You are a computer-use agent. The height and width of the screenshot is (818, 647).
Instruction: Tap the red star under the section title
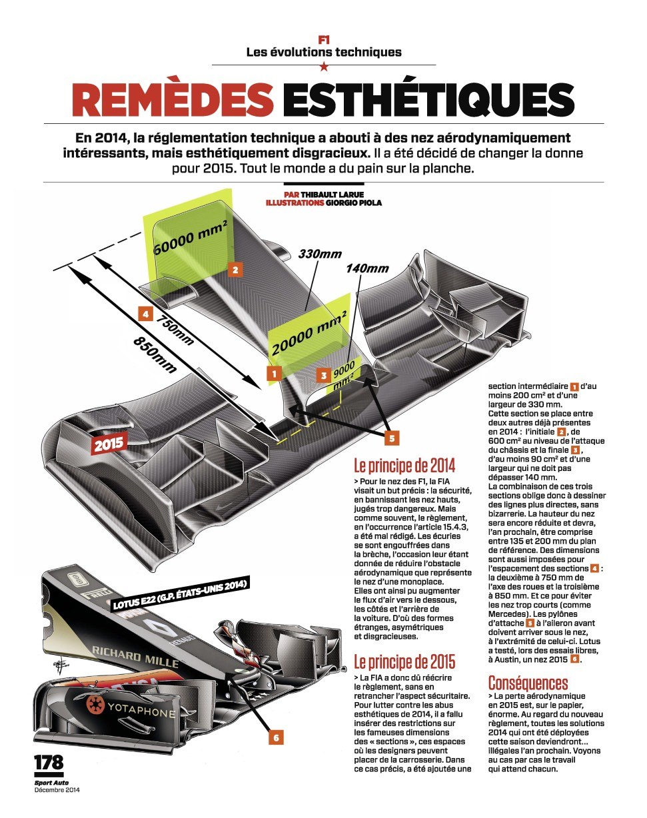(324, 67)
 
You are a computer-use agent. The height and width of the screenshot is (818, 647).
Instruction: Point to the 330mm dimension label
(320, 254)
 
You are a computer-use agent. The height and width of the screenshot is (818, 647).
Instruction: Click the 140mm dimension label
(367, 268)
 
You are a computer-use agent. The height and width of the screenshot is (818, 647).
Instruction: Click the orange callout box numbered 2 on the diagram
(235, 270)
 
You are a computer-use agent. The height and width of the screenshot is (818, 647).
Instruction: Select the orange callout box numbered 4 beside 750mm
(145, 314)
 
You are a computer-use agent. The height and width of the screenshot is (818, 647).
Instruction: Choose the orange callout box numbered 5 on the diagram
(391, 438)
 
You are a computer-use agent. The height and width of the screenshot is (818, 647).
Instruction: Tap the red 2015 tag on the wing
(109, 444)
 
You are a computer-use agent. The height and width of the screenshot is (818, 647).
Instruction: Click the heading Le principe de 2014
(404, 466)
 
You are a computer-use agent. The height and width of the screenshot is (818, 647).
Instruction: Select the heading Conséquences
(528, 683)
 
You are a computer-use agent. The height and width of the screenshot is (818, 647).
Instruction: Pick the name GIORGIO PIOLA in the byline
(353, 203)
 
